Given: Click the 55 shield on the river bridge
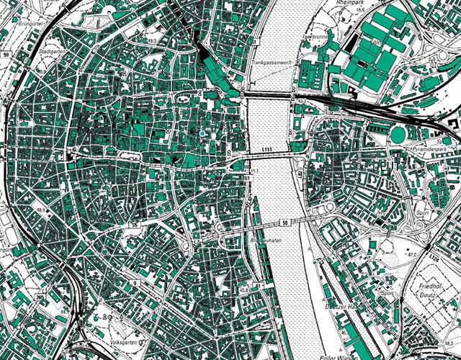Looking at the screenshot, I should pyautogui.click(x=285, y=223).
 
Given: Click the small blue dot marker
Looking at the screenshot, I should pyautogui.click(x=203, y=134).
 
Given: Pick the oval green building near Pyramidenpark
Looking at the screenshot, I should pyautogui.click(x=398, y=134).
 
